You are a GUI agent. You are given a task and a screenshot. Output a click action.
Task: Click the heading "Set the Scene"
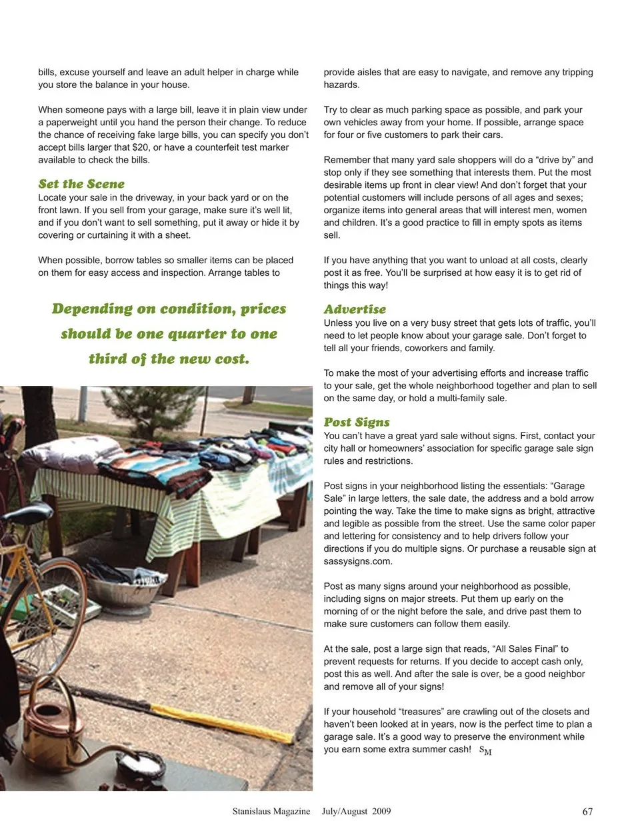pos(81,184)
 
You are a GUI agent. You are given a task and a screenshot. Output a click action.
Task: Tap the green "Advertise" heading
pos(355,309)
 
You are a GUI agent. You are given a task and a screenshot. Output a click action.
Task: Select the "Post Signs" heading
pos(357,422)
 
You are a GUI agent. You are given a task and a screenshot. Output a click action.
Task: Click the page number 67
pos(587,811)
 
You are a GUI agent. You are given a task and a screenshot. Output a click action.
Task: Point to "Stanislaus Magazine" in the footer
pos(271,811)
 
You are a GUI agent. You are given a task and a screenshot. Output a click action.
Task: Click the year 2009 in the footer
pos(381,811)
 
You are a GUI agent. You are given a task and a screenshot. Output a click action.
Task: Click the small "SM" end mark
pos(485,750)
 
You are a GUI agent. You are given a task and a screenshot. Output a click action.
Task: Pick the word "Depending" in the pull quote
pos(92,309)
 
